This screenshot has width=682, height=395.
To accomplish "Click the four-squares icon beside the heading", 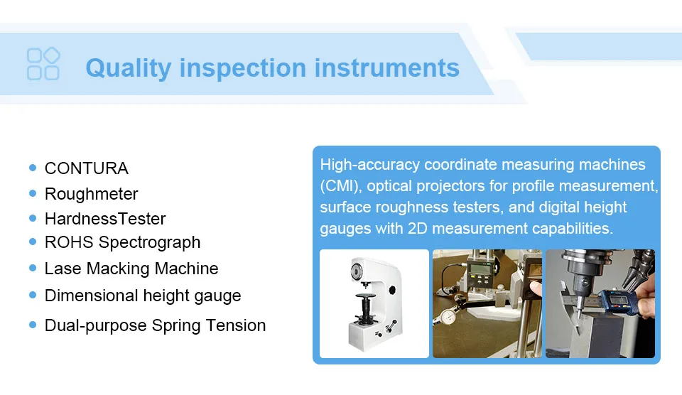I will [43, 64].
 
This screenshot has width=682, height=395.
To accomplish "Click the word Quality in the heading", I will [128, 68].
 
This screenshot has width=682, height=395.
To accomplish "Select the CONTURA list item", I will [86, 168].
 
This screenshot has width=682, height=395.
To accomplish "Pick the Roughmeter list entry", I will [91, 194].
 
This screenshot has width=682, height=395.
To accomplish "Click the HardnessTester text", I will [104, 219].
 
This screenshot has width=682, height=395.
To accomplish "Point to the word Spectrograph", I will [150, 242].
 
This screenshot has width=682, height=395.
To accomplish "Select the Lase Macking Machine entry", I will [131, 269].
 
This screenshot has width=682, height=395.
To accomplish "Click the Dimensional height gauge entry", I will [142, 296].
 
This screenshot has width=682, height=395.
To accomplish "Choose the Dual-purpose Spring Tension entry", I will [155, 325].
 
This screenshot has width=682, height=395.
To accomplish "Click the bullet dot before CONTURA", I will [33, 168].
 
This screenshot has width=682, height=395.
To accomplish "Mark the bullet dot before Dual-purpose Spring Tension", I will [33, 325].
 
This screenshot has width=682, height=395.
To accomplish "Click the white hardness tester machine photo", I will [374, 303].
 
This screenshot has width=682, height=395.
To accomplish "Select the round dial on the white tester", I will [357, 271].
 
